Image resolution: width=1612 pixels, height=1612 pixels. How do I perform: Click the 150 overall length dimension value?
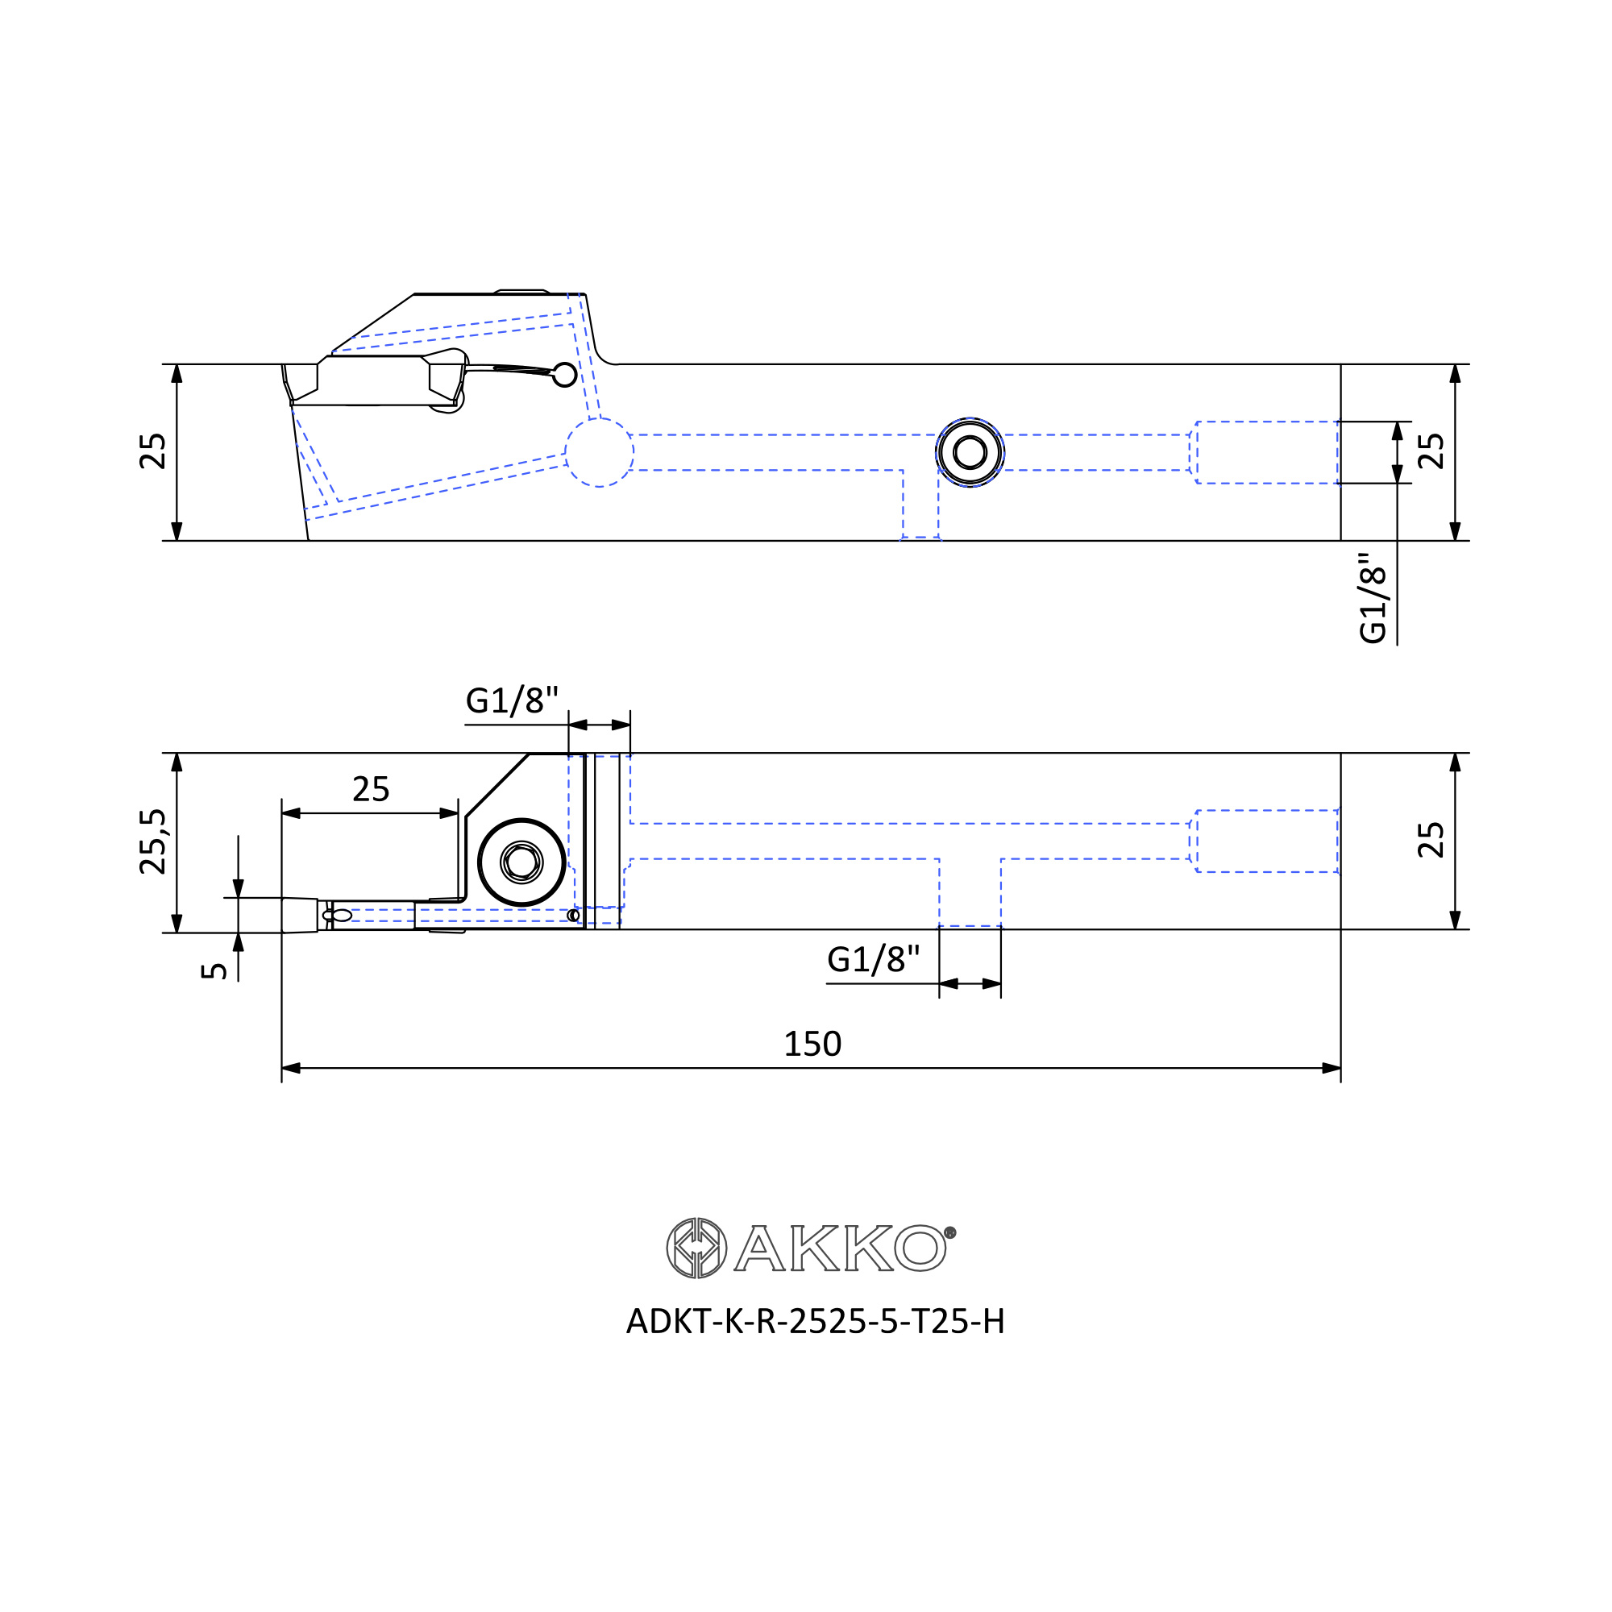click(x=812, y=1044)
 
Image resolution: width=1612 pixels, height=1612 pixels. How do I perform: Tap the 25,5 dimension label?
click(x=153, y=841)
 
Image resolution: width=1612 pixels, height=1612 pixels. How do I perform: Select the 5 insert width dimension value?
click(x=214, y=970)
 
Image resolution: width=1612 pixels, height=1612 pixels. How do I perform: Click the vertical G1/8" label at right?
click(x=1373, y=597)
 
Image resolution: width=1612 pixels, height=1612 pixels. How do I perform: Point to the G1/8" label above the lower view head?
click(x=512, y=700)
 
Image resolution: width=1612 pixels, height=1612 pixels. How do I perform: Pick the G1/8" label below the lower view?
click(x=873, y=959)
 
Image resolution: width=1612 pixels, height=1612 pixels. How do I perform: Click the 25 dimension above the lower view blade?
click(x=371, y=789)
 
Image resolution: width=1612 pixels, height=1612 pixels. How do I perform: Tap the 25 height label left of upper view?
click(x=153, y=451)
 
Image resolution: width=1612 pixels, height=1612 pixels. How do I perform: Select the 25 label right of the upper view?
click(x=1431, y=451)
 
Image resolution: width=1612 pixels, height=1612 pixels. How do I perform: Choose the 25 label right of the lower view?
click(x=1431, y=840)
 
